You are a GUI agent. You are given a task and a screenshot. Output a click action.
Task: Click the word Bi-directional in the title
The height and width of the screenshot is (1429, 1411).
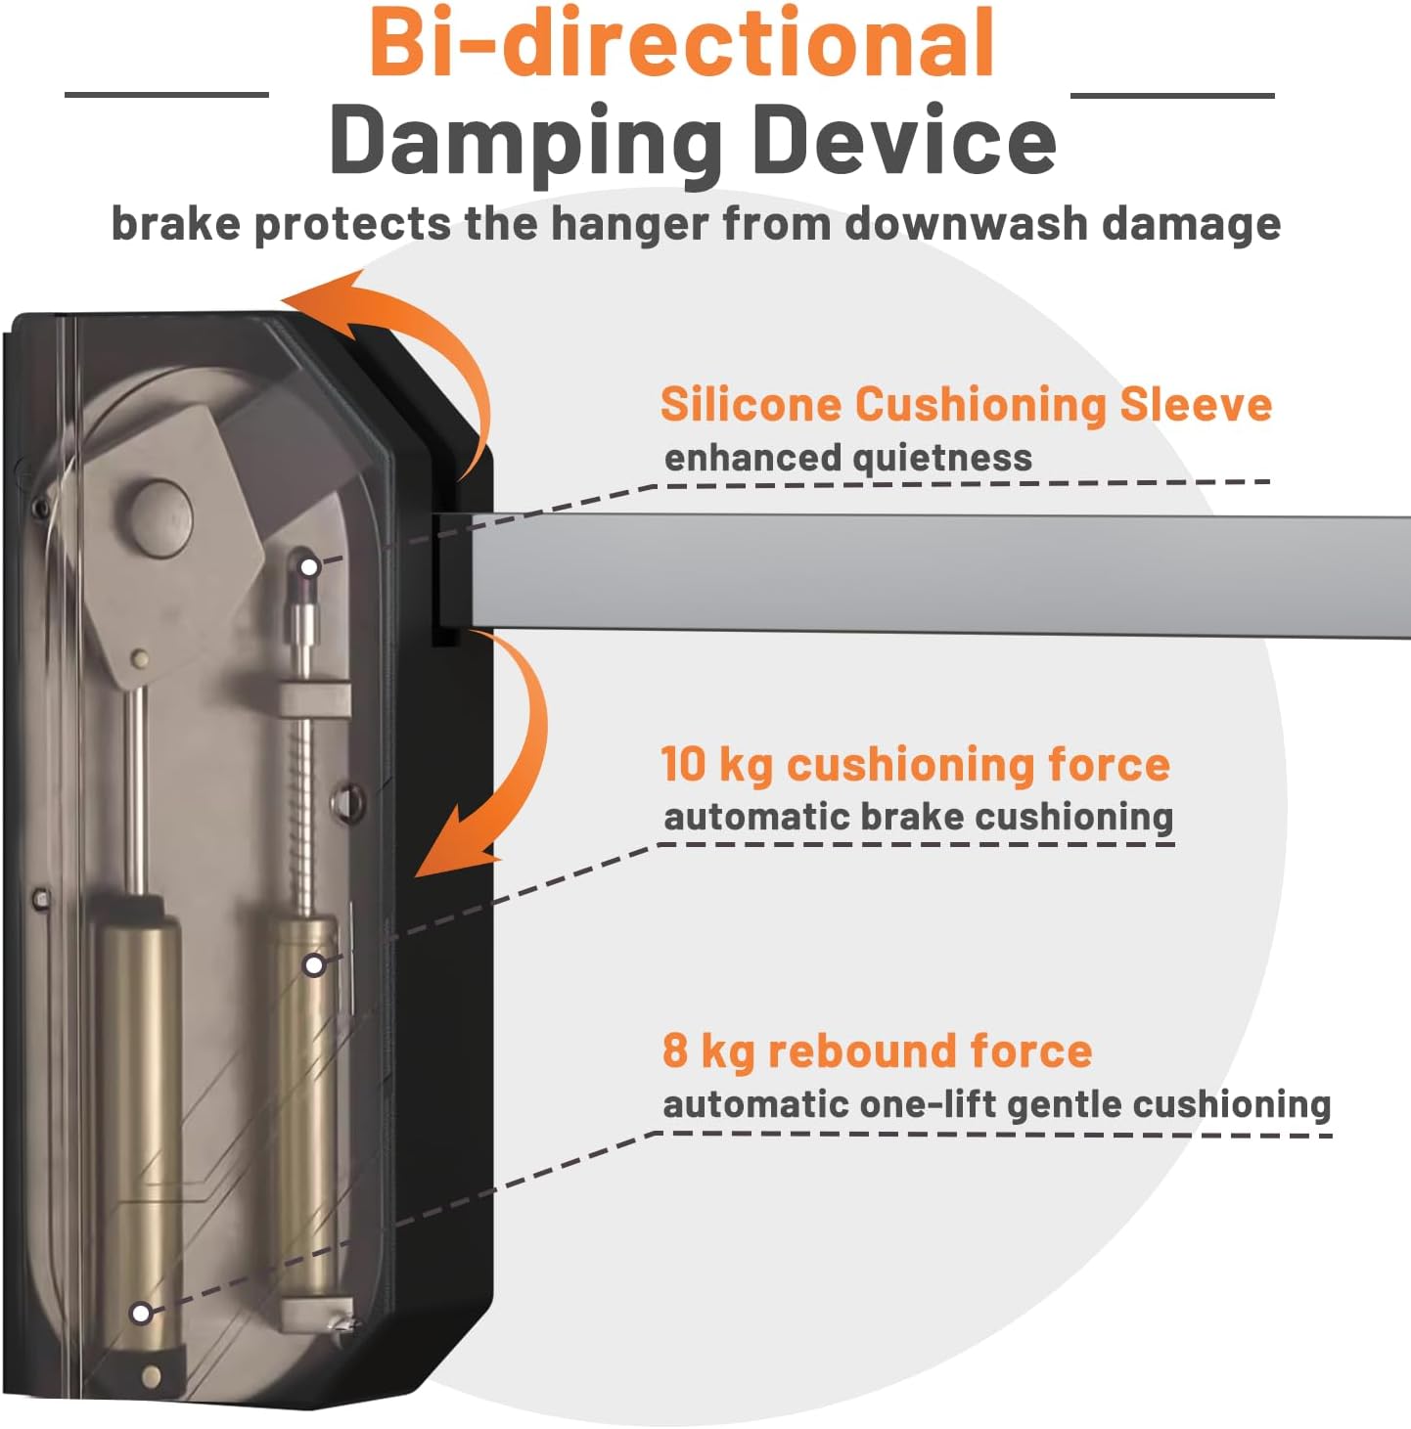click(681, 43)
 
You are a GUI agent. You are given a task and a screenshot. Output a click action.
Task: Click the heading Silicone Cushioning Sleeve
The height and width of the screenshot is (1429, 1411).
click(966, 404)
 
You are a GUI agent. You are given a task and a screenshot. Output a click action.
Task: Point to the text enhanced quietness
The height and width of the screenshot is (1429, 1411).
click(847, 458)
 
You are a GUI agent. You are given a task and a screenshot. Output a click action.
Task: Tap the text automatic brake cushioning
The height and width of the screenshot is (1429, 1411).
click(918, 818)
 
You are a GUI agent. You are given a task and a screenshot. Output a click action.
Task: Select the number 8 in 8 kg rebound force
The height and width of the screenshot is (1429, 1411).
click(675, 1050)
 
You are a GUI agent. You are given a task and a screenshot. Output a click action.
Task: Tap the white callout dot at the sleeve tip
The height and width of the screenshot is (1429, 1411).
click(309, 568)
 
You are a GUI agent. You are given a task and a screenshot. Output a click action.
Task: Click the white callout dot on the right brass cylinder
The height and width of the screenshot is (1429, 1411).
click(315, 964)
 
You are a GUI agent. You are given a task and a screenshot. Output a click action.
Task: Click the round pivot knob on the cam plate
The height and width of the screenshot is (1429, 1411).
click(161, 516)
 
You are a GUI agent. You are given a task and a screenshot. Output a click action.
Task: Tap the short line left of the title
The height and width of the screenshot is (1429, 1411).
click(167, 95)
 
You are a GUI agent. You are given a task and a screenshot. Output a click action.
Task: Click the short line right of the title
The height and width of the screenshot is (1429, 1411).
click(1173, 95)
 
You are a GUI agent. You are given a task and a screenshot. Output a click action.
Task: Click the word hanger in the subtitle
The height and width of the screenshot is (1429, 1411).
click(630, 224)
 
